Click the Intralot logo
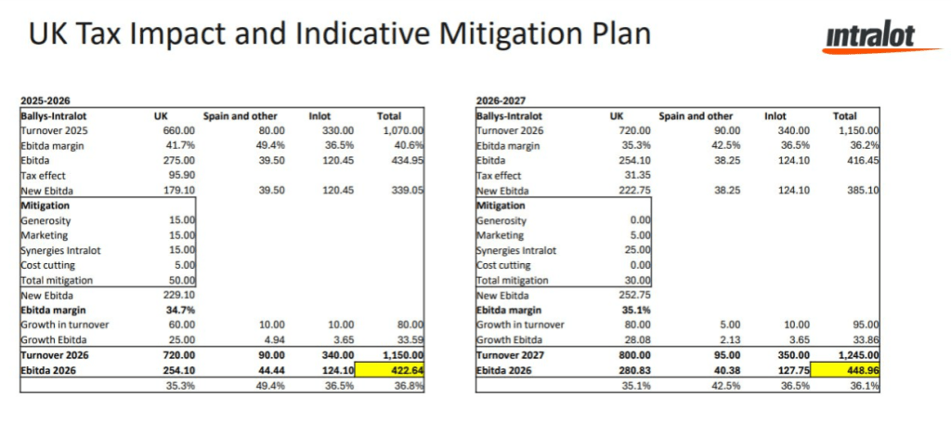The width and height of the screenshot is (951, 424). pyautogui.click(x=868, y=36)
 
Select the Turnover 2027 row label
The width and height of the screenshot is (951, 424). pyautogui.click(x=515, y=354)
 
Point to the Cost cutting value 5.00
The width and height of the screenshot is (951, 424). pyautogui.click(x=182, y=265)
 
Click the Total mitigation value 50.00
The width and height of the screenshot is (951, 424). pyautogui.click(x=180, y=280)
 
